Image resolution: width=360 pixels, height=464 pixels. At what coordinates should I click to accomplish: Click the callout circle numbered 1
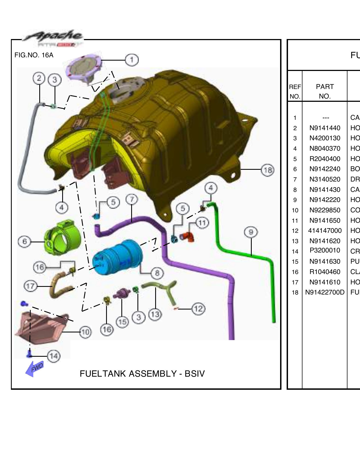coord(132,60)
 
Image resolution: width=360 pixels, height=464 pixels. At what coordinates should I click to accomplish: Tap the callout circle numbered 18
coord(268,170)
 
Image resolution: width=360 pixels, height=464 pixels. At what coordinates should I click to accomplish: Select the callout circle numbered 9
coord(251,232)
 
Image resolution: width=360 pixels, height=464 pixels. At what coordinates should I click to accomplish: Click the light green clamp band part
coord(62,238)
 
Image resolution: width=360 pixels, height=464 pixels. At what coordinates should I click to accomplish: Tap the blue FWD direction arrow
coord(35,368)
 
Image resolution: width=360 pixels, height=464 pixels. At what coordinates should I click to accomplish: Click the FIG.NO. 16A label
coord(34,55)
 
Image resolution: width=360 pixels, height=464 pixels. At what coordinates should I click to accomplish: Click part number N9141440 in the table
coord(325,128)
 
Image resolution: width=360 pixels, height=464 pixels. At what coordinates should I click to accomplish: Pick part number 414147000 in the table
coord(325,231)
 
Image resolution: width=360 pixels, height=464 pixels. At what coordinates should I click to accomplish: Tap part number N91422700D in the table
coord(325,292)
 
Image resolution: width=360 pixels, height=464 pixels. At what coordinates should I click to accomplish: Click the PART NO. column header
coord(325,91)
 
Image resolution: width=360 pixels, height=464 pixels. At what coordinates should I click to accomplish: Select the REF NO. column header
coord(295,91)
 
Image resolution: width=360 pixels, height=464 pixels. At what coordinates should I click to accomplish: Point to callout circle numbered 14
coord(54,356)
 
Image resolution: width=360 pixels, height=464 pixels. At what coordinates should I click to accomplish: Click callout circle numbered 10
coord(85,332)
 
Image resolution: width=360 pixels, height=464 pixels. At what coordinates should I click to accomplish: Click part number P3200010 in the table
coord(325,250)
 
